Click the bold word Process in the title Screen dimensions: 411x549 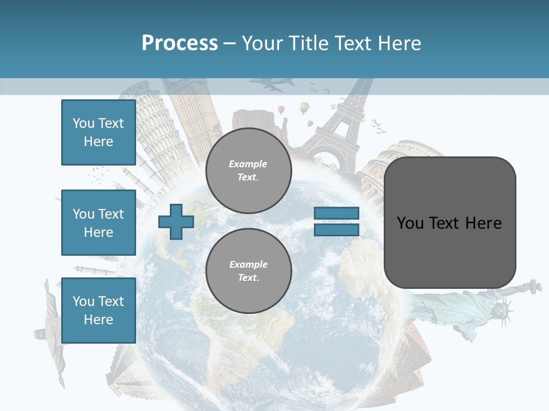(x=180, y=43)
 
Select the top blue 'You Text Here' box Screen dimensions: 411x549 (x=98, y=132)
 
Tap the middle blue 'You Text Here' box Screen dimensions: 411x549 (x=98, y=223)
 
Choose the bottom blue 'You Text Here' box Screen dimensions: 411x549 (x=98, y=310)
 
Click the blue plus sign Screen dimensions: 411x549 (x=176, y=221)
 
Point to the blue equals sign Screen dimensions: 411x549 (x=336, y=221)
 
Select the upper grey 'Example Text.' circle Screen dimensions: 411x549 (x=248, y=171)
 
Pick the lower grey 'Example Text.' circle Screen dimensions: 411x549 (x=248, y=271)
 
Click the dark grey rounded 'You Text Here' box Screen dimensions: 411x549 (x=449, y=223)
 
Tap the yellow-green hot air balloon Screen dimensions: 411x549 (x=305, y=107)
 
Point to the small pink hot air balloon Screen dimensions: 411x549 (x=281, y=109)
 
